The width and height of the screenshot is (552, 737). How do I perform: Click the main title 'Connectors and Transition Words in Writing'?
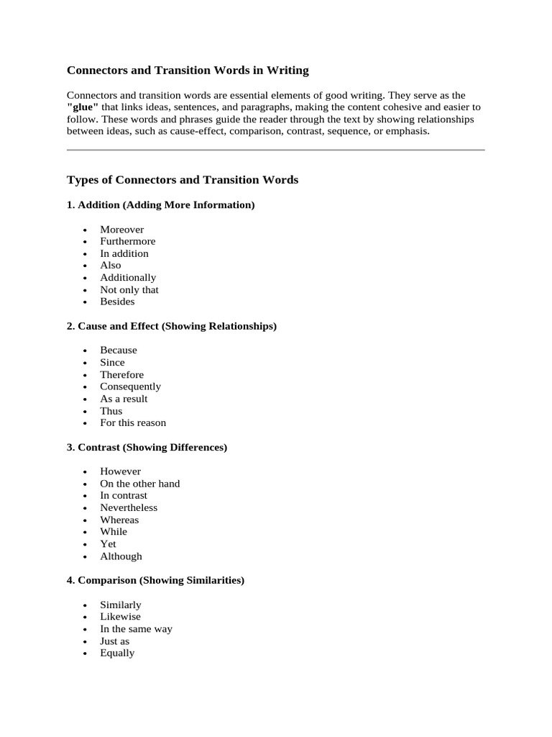click(188, 71)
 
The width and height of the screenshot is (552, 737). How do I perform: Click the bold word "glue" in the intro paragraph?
click(83, 107)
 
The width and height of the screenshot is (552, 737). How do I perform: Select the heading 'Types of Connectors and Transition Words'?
click(182, 180)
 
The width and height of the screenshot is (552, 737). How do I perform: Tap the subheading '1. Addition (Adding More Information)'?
click(160, 205)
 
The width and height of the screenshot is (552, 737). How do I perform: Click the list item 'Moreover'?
click(121, 230)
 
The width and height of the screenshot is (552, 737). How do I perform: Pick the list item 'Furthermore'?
click(127, 241)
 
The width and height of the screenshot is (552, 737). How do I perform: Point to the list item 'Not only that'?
click(129, 289)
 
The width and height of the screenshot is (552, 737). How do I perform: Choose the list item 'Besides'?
click(117, 302)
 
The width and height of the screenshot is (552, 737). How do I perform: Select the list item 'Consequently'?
click(130, 386)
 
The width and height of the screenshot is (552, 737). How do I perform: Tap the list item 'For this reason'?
click(133, 422)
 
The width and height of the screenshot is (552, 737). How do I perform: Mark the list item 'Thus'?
click(111, 411)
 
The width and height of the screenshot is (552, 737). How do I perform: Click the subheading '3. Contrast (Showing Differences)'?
click(147, 448)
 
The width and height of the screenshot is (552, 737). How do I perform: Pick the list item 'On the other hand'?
click(139, 484)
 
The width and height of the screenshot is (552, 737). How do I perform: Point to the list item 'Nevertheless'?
click(129, 507)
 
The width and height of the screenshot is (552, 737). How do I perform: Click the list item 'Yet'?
click(108, 544)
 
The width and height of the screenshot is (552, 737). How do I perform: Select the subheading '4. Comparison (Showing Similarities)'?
click(155, 580)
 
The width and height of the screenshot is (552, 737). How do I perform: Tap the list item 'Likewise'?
click(120, 617)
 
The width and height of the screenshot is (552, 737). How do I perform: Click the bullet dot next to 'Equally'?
click(85, 654)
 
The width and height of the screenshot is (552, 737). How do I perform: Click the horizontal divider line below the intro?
click(275, 150)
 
